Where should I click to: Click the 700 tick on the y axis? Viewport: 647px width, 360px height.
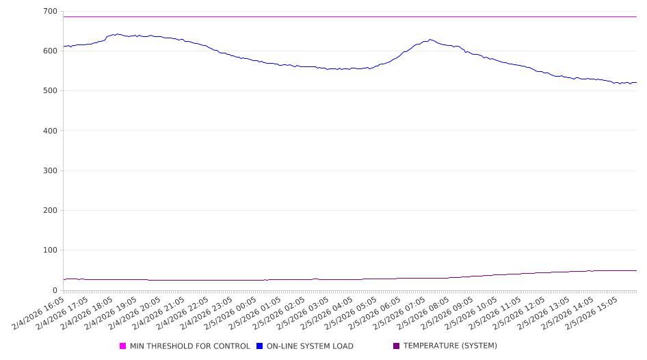(49, 12)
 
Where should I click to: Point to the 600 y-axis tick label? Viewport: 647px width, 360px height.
(49, 51)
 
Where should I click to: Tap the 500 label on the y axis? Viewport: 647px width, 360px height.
(49, 91)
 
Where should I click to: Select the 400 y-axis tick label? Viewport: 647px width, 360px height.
(49, 131)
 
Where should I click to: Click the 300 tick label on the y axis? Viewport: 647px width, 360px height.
(49, 170)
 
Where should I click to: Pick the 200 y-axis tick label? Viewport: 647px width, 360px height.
(49, 211)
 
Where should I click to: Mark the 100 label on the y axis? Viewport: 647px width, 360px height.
(49, 250)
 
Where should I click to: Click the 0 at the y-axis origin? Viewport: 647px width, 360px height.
(55, 290)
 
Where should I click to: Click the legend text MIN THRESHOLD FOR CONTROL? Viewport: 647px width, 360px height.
(189, 346)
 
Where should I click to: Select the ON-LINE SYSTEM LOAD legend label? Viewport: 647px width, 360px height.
(310, 346)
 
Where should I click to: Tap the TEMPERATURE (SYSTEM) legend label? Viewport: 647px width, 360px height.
(450, 346)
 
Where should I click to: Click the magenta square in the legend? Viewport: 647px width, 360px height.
(123, 346)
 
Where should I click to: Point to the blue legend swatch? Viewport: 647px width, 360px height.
(260, 346)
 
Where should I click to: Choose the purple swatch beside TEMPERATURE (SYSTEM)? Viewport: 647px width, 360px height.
(396, 346)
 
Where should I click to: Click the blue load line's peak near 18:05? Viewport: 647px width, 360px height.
(117, 34)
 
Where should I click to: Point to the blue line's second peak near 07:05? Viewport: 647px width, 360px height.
(430, 40)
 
